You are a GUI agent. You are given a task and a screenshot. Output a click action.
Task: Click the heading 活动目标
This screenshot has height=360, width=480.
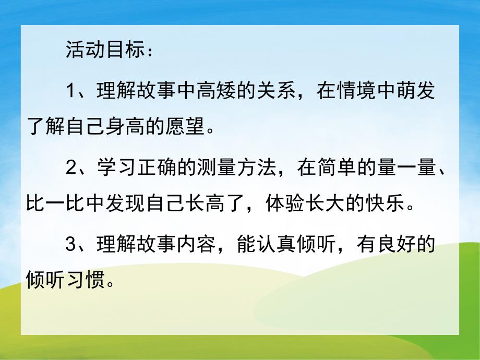point(105,50)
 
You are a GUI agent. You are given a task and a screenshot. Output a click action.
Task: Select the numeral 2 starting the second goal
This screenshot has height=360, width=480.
point(71,169)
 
